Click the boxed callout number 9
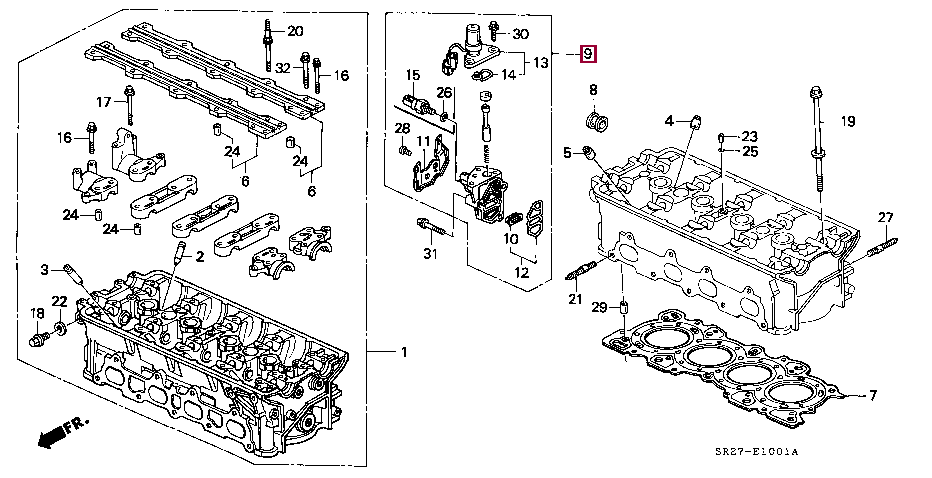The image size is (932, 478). [x=588, y=53]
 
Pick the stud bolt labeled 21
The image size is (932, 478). [x=582, y=270]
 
